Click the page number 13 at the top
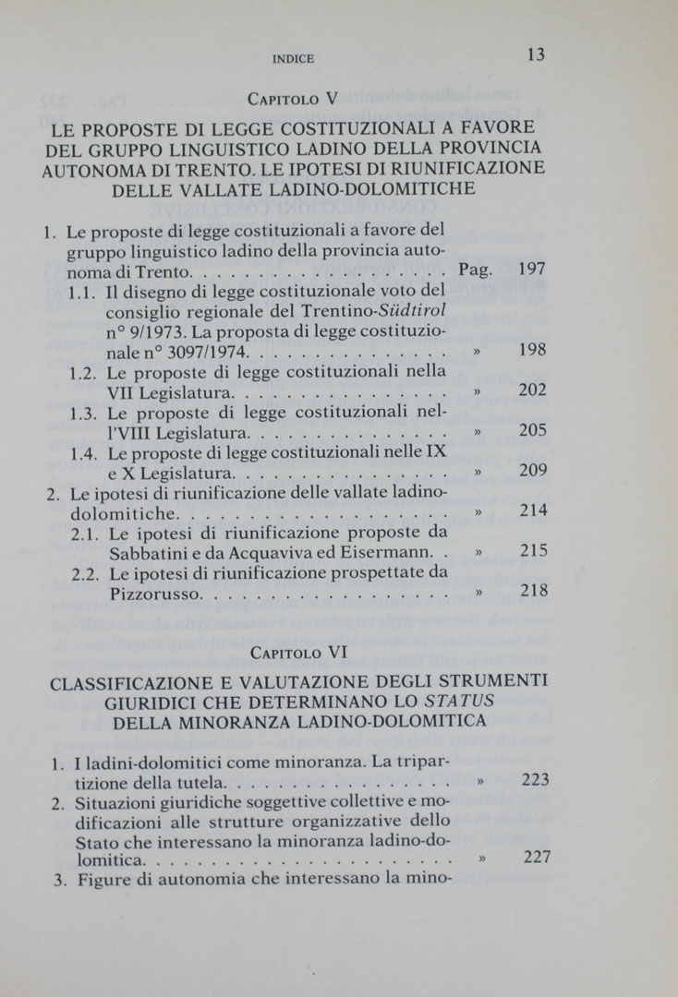coord(536,54)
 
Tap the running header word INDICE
coord(294,58)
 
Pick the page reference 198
coord(533,351)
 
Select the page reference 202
coord(533,390)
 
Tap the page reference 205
coord(533,430)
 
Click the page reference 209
coord(533,471)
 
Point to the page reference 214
coord(533,511)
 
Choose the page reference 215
coord(534,551)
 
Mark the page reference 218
coord(534,591)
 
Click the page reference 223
coord(536,780)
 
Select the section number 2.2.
coord(85,573)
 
